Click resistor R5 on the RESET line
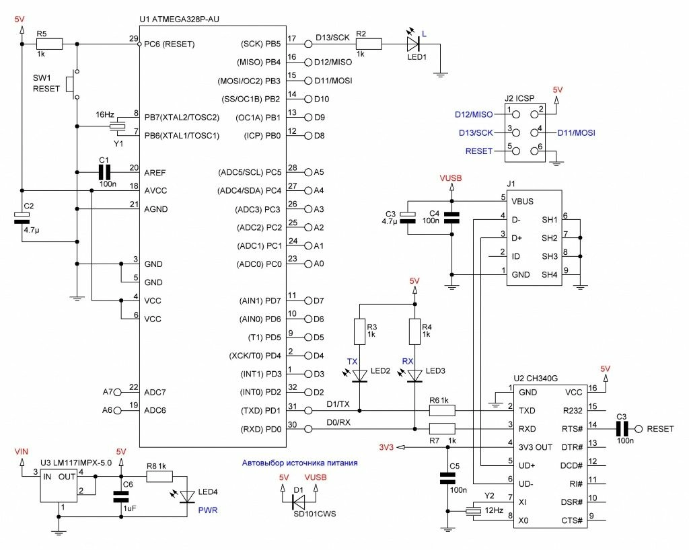pos(49,44)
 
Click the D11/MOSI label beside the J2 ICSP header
pos(576,132)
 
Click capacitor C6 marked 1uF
pos(121,497)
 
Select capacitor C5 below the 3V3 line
pos(447,479)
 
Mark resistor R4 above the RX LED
pos(415,331)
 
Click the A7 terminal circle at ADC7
pos(118,391)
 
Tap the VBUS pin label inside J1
pos(522,200)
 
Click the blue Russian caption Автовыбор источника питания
pos(299,463)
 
